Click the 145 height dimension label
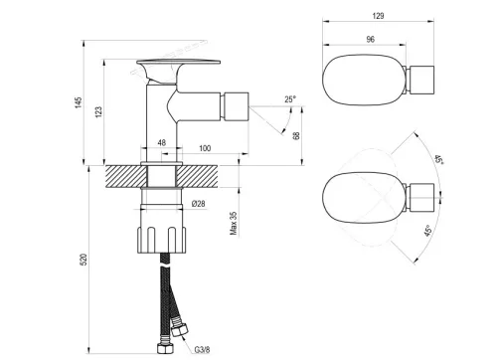point(79,102)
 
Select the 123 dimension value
point(98,111)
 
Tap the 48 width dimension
point(162,143)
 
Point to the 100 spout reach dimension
point(205,148)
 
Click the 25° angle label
point(290,99)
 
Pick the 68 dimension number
point(296,135)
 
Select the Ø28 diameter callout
point(199,204)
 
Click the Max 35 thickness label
point(234,224)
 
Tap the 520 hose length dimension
point(84,260)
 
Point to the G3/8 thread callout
point(202,350)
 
